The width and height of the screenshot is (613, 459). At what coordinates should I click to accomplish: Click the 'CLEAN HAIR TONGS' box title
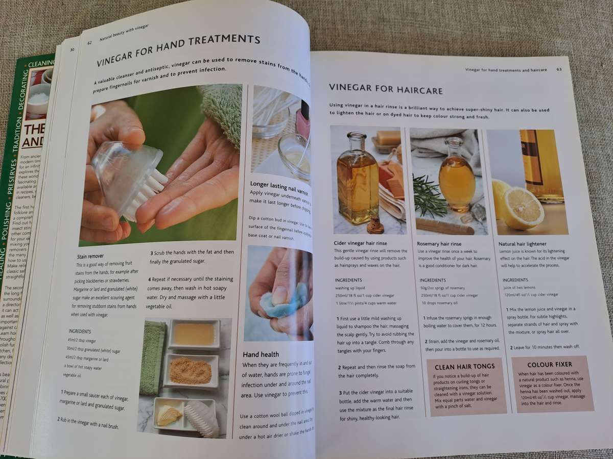coord(464,366)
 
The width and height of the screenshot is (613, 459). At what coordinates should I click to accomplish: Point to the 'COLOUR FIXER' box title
coord(550,365)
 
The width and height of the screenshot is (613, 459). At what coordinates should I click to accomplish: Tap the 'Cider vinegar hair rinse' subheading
coord(364,243)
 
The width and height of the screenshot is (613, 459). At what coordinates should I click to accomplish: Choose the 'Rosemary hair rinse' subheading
coord(439,244)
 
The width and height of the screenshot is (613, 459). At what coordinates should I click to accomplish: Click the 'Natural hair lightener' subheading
coord(522,244)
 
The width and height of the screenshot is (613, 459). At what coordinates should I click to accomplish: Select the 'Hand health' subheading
coord(261,354)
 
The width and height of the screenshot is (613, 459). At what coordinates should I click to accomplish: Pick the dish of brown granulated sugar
coord(190,370)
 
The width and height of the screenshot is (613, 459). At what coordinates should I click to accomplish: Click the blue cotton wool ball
coord(284,303)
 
